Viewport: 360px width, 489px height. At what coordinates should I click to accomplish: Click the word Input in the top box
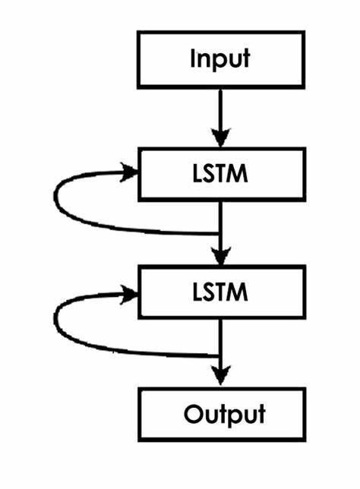point(219,59)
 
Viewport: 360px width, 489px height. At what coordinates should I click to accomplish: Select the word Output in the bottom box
point(224,414)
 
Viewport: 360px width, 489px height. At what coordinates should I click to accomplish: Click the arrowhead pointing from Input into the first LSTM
point(220,137)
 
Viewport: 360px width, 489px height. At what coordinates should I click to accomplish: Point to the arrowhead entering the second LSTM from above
point(220,255)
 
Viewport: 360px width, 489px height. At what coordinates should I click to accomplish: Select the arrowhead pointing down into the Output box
point(220,375)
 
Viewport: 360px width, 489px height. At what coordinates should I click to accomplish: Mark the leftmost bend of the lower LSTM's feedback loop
point(55,319)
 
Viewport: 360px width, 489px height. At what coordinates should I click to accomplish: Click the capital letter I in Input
point(193,58)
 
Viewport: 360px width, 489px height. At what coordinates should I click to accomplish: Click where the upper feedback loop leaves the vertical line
point(220,232)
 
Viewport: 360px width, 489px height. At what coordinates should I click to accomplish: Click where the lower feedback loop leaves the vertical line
point(220,355)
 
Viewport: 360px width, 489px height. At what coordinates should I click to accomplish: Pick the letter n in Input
point(203,60)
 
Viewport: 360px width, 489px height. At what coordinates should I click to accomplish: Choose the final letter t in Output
point(261,414)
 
